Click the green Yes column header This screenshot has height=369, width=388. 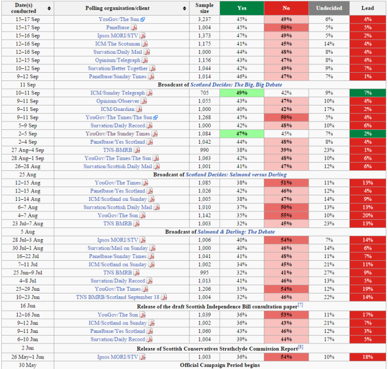242,8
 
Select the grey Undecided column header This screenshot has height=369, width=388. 329,8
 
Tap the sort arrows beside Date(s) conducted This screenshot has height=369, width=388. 49,8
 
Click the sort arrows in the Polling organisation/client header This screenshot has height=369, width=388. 185,8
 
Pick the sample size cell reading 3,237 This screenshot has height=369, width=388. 205,19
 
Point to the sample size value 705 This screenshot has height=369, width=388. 205,93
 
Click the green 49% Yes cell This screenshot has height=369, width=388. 242,93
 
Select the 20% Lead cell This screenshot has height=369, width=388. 367,215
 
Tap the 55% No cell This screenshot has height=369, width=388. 287,215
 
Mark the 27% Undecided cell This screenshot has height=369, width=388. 329,272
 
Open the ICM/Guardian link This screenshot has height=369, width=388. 118,109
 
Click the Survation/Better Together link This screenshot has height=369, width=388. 118,68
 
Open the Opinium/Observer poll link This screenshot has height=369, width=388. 118,101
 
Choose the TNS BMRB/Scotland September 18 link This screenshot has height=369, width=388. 118,297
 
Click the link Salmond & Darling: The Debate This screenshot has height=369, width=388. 236,232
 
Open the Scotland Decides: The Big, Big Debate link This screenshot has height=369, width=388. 236,85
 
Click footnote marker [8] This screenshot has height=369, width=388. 300,347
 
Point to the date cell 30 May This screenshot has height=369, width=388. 28,365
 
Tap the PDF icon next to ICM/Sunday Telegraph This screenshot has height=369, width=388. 149,93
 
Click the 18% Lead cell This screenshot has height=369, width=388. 367,357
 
